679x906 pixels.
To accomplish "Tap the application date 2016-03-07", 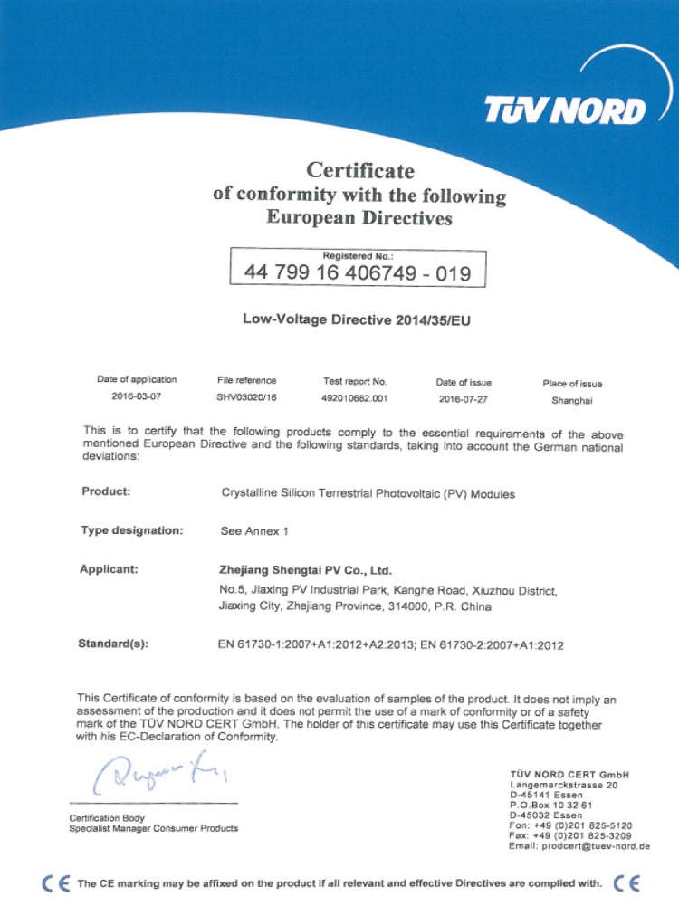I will click(137, 397).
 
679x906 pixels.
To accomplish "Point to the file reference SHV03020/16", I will click(246, 397).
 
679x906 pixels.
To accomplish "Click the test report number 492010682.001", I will click(355, 397).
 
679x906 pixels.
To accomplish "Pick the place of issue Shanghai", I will click(572, 398).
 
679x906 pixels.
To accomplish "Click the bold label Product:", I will click(107, 491).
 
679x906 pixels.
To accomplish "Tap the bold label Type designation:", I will click(132, 530).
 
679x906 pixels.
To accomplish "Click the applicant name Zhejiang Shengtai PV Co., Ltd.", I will click(305, 570).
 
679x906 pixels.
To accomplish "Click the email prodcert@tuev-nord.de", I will click(580, 845).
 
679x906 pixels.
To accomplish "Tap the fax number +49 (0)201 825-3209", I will click(584, 835).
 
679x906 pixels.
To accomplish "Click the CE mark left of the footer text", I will click(56, 882).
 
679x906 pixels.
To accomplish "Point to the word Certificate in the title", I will click(359, 169).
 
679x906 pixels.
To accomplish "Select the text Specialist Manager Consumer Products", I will click(153, 828).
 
